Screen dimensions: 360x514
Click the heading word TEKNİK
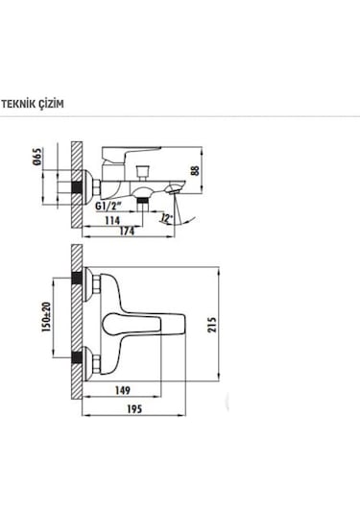pyautogui.click(x=17, y=104)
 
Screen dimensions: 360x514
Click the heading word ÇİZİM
pyautogui.click(x=50, y=104)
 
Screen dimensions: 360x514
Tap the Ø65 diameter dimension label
pyautogui.click(x=38, y=157)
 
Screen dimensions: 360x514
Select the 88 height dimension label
pyautogui.click(x=195, y=171)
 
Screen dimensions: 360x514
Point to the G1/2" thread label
pyautogui.click(x=108, y=207)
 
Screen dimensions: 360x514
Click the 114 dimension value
pyautogui.click(x=112, y=220)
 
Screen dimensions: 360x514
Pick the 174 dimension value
pyautogui.click(x=127, y=232)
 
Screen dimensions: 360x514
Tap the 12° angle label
pyautogui.click(x=167, y=218)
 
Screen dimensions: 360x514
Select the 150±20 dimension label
pyautogui.click(x=46, y=317)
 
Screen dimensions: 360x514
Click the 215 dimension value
pyautogui.click(x=212, y=325)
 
